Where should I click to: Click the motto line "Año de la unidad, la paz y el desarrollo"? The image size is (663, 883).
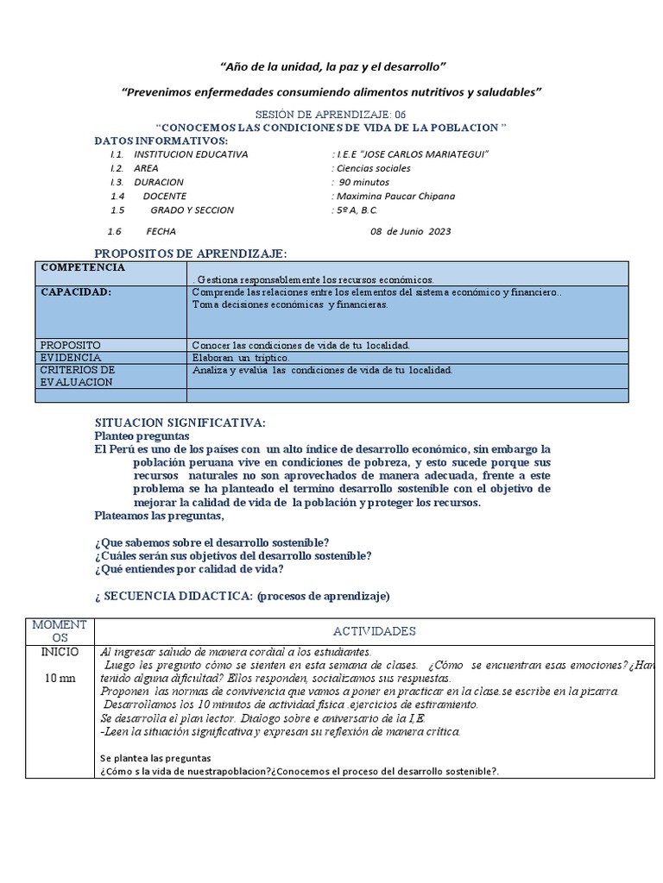(x=333, y=66)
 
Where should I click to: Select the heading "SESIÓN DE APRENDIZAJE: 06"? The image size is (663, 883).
(x=331, y=115)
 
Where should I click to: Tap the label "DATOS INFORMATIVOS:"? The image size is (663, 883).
(x=161, y=141)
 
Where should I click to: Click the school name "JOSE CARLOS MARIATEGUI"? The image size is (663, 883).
(x=413, y=154)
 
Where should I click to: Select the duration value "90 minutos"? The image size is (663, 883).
(x=363, y=182)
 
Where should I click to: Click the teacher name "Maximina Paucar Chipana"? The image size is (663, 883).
(x=395, y=196)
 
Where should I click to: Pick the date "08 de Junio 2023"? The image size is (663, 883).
(x=410, y=231)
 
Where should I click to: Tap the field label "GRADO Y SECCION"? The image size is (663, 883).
(x=192, y=210)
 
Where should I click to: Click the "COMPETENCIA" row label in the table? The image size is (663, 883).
(x=83, y=267)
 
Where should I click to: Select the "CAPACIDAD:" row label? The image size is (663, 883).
(x=76, y=292)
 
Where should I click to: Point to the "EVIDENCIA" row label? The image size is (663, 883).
(x=71, y=357)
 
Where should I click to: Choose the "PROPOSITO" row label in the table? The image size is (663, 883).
(x=71, y=345)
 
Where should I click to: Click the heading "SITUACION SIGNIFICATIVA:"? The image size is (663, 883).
(x=180, y=423)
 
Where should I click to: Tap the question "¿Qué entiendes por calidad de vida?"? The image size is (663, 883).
(x=188, y=569)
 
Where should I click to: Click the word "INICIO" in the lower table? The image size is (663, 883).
(x=60, y=652)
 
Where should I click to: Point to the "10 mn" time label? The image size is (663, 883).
(x=60, y=679)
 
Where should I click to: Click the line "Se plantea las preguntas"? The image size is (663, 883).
(x=155, y=758)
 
